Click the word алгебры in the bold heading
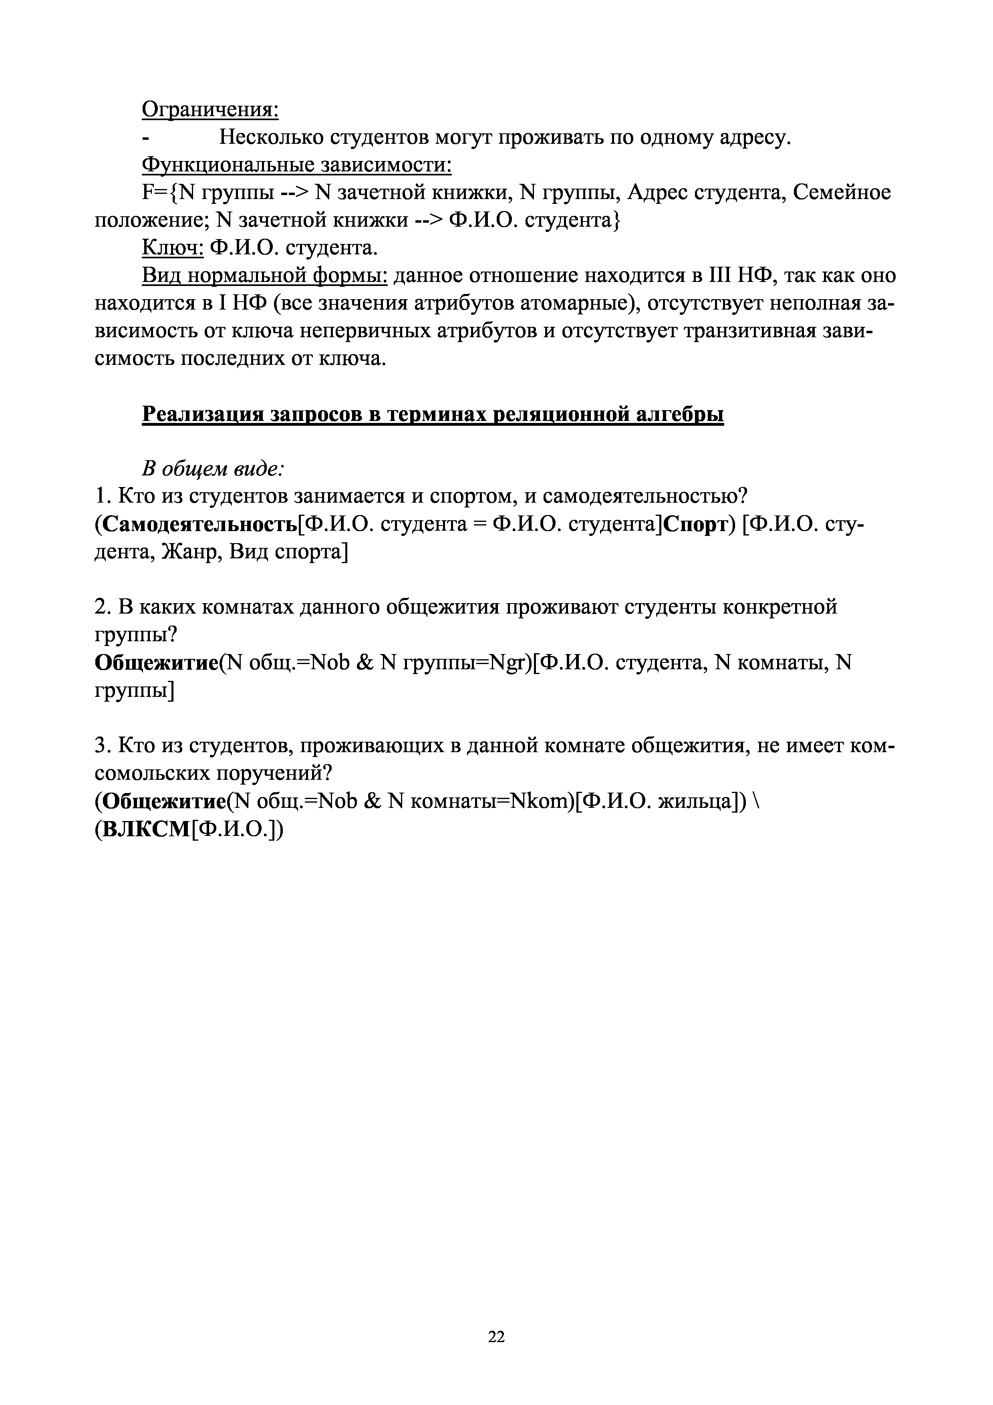680,414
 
